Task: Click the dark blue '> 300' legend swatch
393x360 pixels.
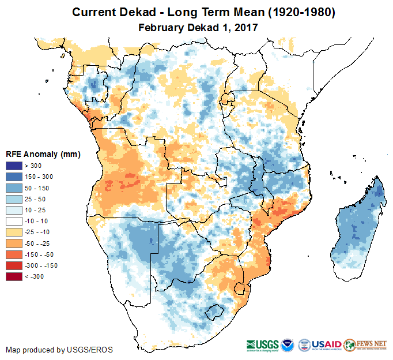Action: coord(14,166)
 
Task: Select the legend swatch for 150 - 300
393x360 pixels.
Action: coord(14,177)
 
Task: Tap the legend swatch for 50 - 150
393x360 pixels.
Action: coord(14,188)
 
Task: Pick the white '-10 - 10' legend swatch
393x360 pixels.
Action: coord(14,221)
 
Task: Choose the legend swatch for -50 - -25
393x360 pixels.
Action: coord(14,243)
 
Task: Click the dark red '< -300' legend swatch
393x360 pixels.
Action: coord(14,276)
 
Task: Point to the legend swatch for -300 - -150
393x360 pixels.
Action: coord(14,265)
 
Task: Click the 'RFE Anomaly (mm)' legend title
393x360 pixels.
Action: coord(43,155)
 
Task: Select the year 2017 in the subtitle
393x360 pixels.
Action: coord(245,27)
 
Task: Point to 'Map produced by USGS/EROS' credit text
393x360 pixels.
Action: coord(59,350)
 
